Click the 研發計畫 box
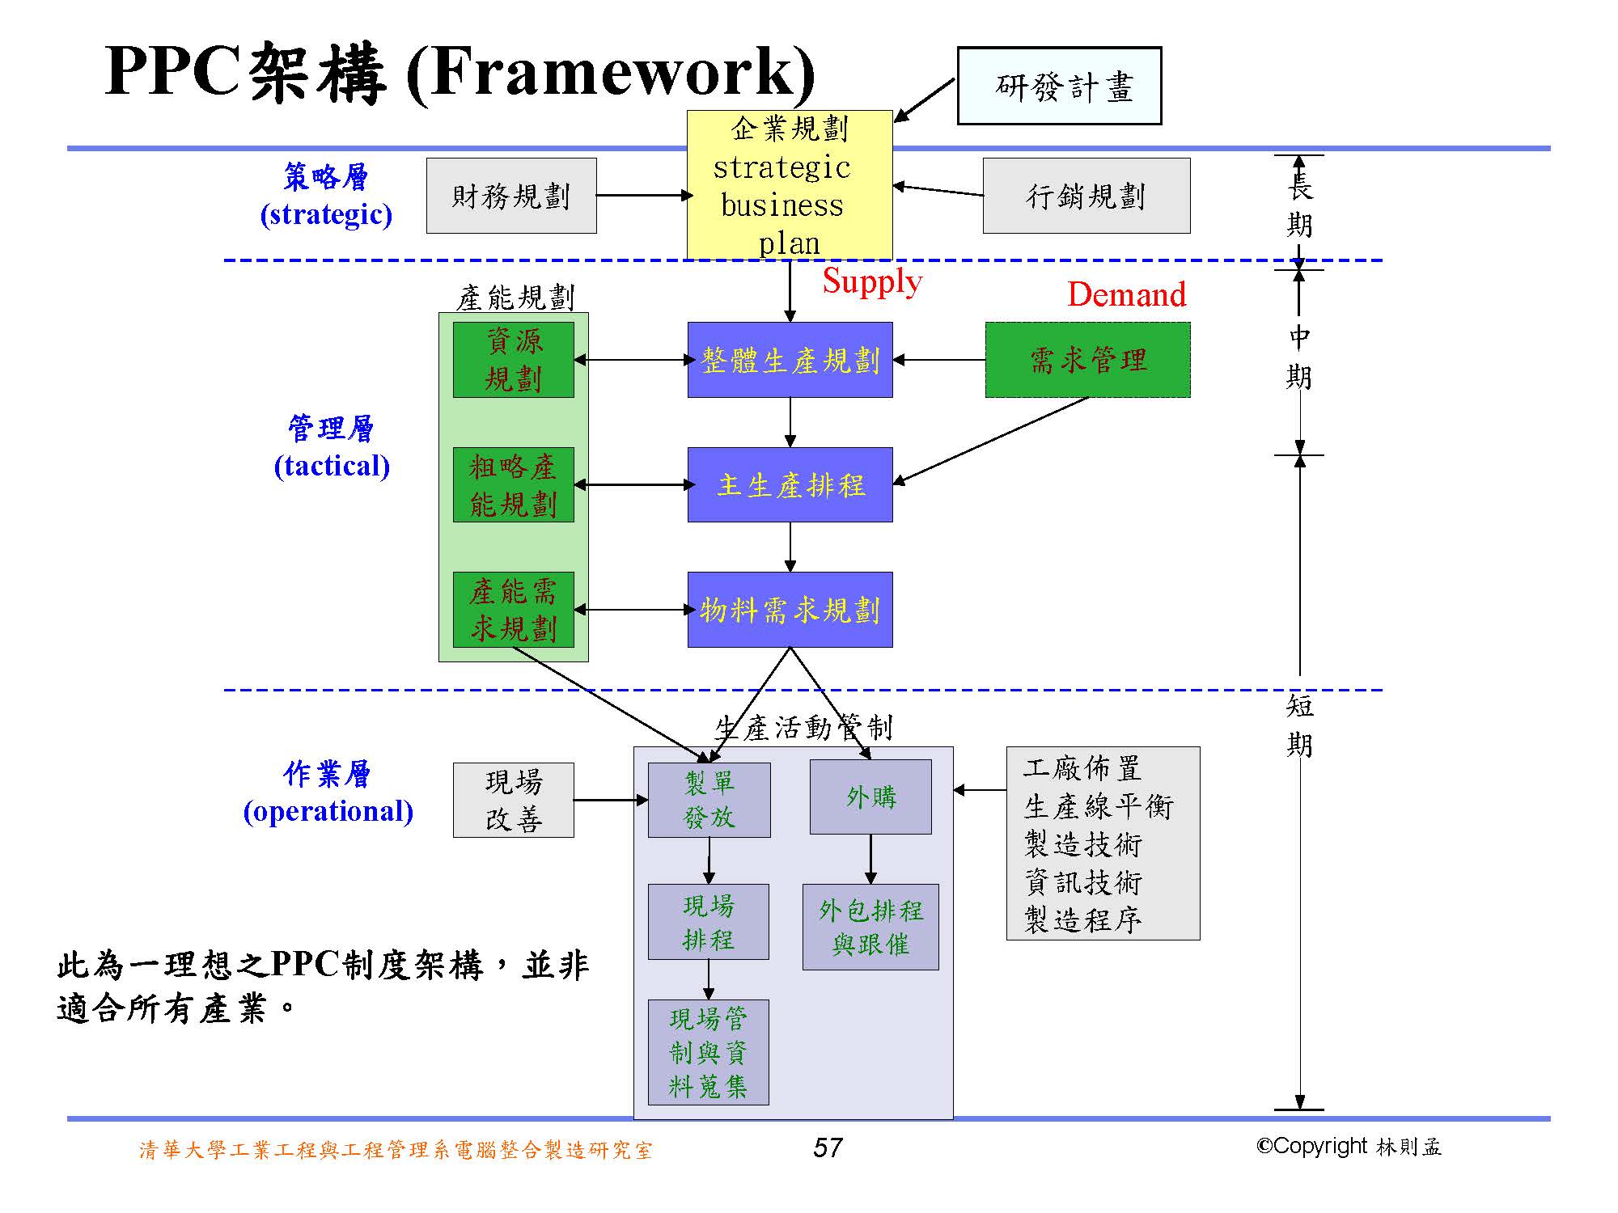[x=1059, y=86]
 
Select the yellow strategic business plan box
[x=790, y=185]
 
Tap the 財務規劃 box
[x=511, y=196]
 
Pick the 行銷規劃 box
[x=1086, y=196]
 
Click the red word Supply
[x=872, y=281]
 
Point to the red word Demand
[x=1126, y=294]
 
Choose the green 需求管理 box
[x=1087, y=360]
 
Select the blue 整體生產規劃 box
[x=790, y=360]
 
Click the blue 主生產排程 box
[x=790, y=484]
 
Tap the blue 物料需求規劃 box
[x=790, y=610]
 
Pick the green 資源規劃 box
[x=513, y=360]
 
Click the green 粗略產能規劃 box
[x=513, y=484]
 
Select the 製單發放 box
[x=709, y=800]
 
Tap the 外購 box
[x=870, y=797]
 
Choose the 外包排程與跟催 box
[x=870, y=927]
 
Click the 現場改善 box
[x=513, y=800]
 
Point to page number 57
[x=828, y=1147]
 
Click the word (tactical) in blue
[x=332, y=466]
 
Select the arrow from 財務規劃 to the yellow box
[x=642, y=196]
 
